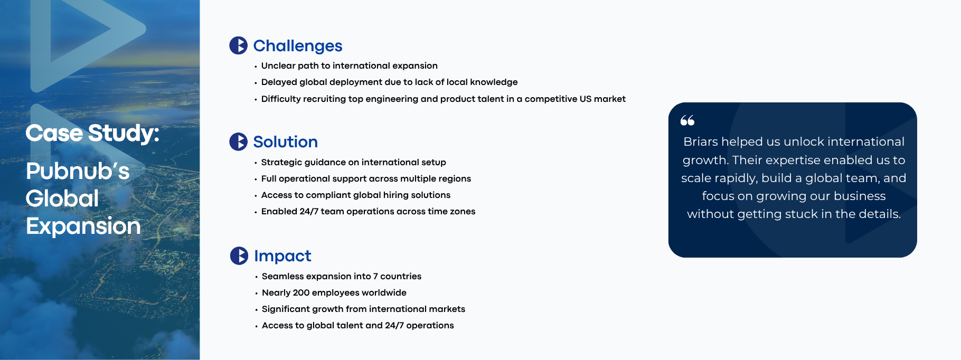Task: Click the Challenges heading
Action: pyautogui.click(x=298, y=46)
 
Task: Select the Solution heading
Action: pyautogui.click(x=285, y=142)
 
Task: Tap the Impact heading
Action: pyautogui.click(x=282, y=256)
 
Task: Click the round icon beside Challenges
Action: pyautogui.click(x=238, y=45)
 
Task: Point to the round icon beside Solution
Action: pyautogui.click(x=238, y=141)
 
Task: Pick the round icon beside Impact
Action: pyautogui.click(x=239, y=255)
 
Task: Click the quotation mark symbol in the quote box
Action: pyautogui.click(x=687, y=121)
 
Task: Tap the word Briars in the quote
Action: pyautogui.click(x=701, y=141)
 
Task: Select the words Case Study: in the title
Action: pyautogui.click(x=92, y=133)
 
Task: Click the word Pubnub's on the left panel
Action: pyautogui.click(x=78, y=171)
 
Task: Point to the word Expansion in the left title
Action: pyautogui.click(x=83, y=226)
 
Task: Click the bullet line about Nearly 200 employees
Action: pyautogui.click(x=334, y=292)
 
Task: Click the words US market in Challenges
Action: pyautogui.click(x=602, y=99)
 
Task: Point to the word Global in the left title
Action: pyautogui.click(x=62, y=199)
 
